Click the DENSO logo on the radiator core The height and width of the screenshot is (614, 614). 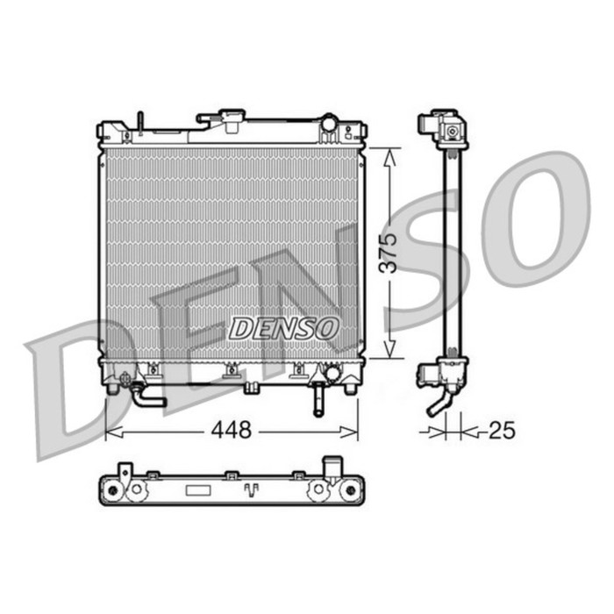point(283,328)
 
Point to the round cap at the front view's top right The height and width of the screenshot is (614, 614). point(329,123)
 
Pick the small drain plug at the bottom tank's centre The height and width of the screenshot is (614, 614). point(251,387)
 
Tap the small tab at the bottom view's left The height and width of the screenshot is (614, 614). point(126,474)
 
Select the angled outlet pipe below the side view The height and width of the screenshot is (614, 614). point(438,403)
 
